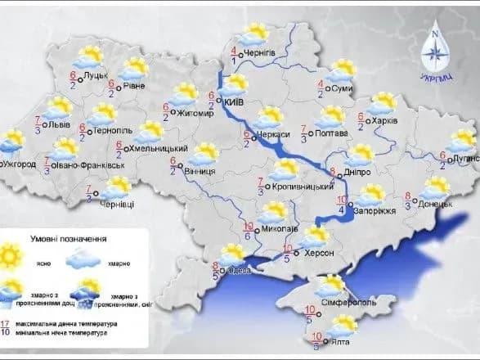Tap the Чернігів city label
tap(266, 55)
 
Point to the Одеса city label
tap(237, 270)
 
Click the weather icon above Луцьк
tap(87, 57)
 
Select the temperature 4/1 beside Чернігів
tap(234, 56)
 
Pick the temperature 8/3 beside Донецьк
tap(407, 200)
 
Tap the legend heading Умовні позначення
tap(75, 239)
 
